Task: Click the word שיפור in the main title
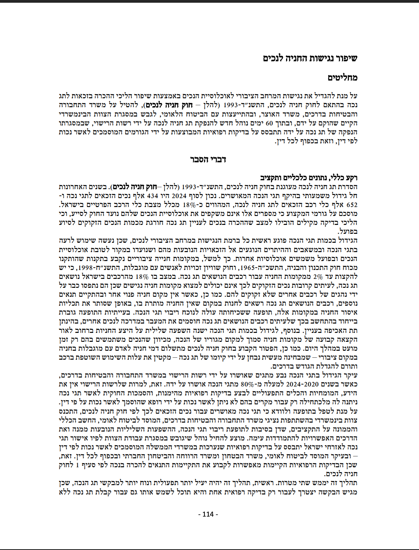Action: point(345,58)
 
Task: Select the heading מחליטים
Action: point(342,78)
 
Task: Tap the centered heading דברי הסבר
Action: point(208,159)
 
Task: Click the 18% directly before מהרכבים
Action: point(142,277)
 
